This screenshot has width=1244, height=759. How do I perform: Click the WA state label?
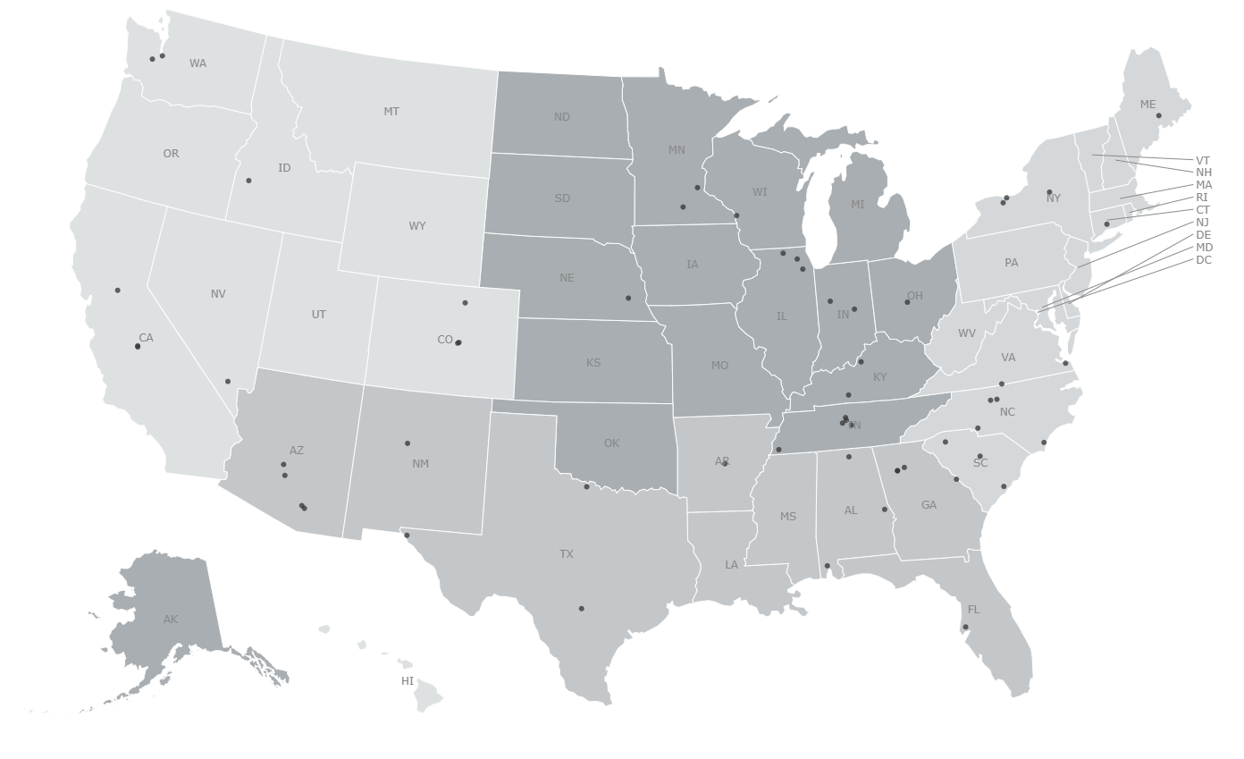[198, 63]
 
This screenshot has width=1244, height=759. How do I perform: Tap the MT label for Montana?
[391, 112]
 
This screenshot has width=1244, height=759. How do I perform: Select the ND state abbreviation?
[561, 117]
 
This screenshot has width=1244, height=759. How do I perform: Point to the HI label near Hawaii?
[408, 681]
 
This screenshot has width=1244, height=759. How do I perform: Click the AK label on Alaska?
[171, 620]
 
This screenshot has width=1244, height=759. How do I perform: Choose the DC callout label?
[1204, 260]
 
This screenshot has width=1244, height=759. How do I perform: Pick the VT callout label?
[1203, 161]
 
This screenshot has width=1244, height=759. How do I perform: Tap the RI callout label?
[1202, 198]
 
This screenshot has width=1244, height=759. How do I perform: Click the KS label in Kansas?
[593, 363]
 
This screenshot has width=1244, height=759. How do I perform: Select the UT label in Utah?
[319, 315]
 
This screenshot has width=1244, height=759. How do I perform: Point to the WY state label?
[417, 226]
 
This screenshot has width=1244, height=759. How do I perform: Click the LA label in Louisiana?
[732, 565]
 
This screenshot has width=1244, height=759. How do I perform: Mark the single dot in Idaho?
[248, 181]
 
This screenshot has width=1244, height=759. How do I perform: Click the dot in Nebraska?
[628, 299]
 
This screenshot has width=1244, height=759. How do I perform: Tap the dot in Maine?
[1159, 115]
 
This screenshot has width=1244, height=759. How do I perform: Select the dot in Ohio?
[907, 302]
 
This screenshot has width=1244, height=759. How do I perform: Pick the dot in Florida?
[965, 628]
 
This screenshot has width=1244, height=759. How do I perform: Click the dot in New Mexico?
[408, 443]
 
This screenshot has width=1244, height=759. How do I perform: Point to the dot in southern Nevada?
[228, 382]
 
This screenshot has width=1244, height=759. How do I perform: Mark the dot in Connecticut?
[1106, 224]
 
